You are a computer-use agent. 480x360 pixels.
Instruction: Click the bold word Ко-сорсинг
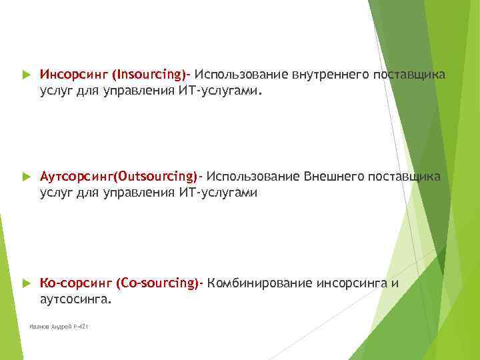coord(75,283)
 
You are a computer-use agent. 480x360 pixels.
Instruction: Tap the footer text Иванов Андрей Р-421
coord(59,327)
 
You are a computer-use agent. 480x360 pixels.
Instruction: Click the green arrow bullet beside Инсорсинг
coord(26,73)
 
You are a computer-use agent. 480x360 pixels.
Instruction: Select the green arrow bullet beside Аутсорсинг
coord(26,177)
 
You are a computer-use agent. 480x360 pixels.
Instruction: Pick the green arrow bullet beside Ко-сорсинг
coord(26,283)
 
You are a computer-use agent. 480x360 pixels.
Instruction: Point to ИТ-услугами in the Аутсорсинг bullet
coord(218,193)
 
